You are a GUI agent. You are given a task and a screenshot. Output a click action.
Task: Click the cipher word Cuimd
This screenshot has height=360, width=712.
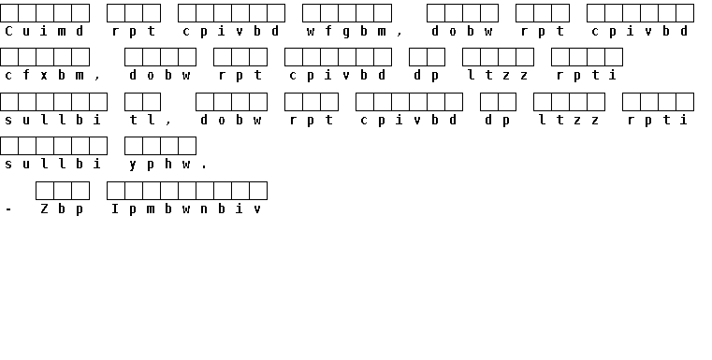tap(44, 31)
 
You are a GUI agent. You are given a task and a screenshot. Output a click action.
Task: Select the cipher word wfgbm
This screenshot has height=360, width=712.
tap(346, 32)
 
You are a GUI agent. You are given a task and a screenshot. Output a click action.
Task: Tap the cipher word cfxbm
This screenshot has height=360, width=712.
tap(44, 76)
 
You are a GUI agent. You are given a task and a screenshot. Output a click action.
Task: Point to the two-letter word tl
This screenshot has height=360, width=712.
tap(141, 120)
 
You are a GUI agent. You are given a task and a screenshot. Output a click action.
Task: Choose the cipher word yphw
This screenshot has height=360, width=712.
tap(159, 164)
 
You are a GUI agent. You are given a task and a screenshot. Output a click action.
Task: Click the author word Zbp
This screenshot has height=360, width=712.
tap(62, 209)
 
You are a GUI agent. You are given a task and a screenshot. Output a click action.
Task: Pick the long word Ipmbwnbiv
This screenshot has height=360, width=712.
tap(186, 209)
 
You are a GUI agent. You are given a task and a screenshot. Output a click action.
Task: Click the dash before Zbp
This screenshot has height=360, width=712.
tap(8, 209)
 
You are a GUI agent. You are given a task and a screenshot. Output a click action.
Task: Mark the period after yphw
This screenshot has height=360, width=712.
tap(204, 167)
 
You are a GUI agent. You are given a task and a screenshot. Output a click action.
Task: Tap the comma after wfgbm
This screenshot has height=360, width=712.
tap(400, 35)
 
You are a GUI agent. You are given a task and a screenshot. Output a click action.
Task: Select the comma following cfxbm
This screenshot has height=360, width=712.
tap(97, 79)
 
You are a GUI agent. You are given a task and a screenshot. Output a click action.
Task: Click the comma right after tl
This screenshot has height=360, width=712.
tap(168, 123)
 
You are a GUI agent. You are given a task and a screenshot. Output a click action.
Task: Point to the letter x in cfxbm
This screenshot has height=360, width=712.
tap(44, 76)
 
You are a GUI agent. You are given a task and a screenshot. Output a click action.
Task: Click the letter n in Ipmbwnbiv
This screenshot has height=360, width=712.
tap(204, 209)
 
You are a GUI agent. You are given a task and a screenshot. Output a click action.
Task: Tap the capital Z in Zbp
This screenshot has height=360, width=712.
tap(44, 209)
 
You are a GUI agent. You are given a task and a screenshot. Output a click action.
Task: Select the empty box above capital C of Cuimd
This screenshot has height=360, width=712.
tap(9, 13)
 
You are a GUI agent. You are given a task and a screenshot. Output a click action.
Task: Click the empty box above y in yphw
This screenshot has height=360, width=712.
tap(134, 146)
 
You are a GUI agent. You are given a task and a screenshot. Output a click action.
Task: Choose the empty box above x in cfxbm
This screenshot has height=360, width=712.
tap(45, 57)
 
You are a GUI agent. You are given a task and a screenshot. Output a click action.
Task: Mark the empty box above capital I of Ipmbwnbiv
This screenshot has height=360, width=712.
tap(116, 191)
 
